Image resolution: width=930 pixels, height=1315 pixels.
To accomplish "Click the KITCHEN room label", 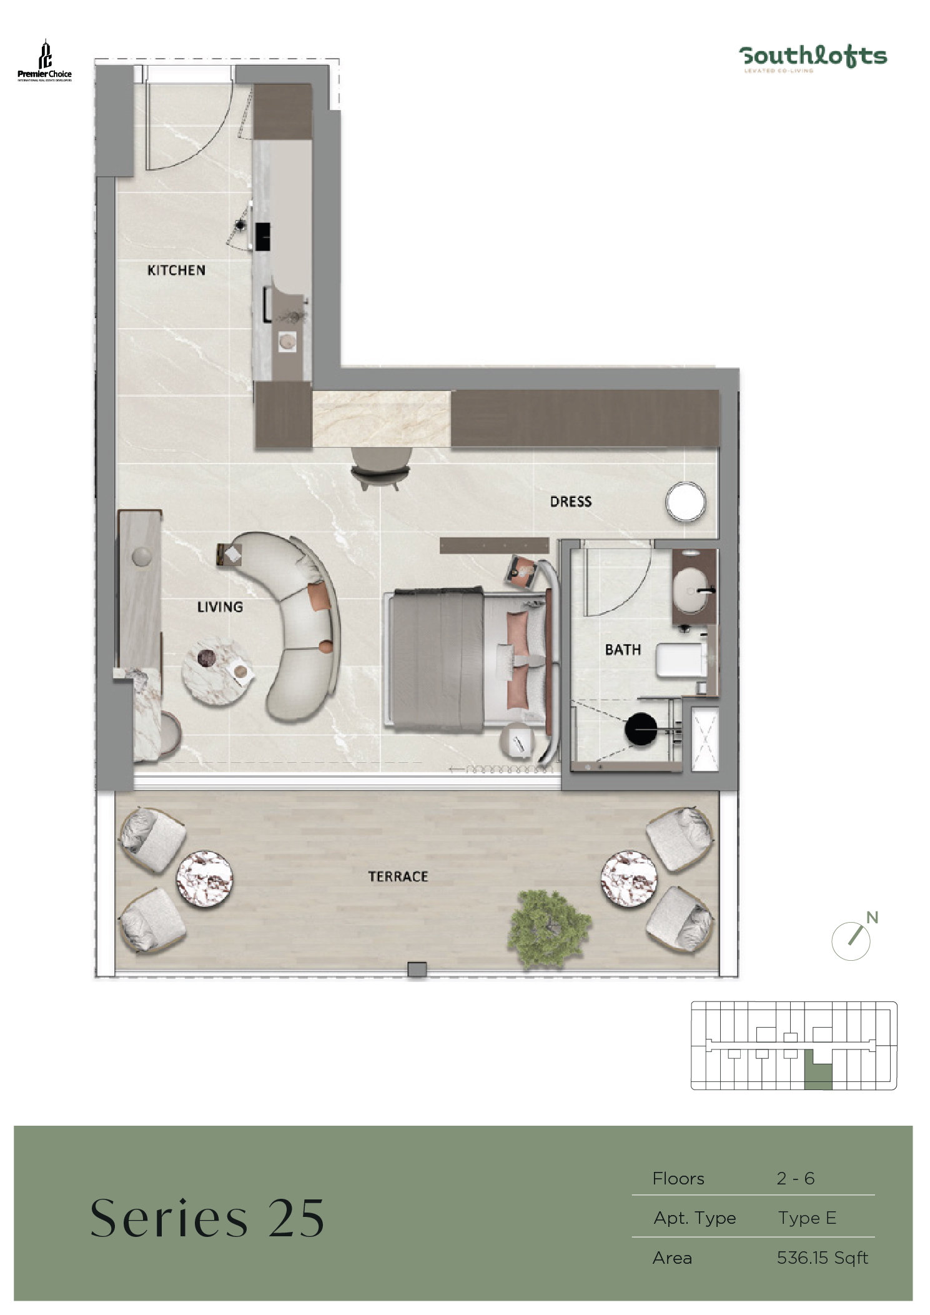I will (x=176, y=270).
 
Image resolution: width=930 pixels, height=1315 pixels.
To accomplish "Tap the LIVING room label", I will (x=220, y=607).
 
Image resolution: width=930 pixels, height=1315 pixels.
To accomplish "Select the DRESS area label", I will (x=570, y=501).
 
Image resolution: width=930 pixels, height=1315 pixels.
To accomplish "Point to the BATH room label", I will (x=623, y=650).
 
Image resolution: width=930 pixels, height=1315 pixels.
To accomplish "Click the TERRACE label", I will (x=398, y=876).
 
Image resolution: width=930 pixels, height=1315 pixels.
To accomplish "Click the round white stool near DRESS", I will (x=686, y=502).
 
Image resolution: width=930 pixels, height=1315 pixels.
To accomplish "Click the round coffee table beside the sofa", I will (x=217, y=671).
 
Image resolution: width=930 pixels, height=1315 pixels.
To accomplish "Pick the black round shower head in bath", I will (x=641, y=729).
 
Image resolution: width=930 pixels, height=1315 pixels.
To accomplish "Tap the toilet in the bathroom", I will (x=681, y=660).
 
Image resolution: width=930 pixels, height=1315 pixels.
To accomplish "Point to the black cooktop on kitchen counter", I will (x=263, y=236).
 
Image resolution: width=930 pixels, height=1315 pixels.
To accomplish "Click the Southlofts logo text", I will (x=813, y=56).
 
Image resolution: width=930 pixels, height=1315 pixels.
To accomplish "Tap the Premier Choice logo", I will (x=44, y=61).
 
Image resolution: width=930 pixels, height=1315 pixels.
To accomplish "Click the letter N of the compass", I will (x=873, y=918).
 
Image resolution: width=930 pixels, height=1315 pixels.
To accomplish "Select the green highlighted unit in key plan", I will (x=818, y=1074).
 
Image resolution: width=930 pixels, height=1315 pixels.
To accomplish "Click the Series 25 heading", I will (x=207, y=1219).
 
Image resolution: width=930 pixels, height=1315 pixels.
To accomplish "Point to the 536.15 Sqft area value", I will (x=822, y=1258).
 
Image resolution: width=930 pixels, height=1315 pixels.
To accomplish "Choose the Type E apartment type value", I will (x=807, y=1218).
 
